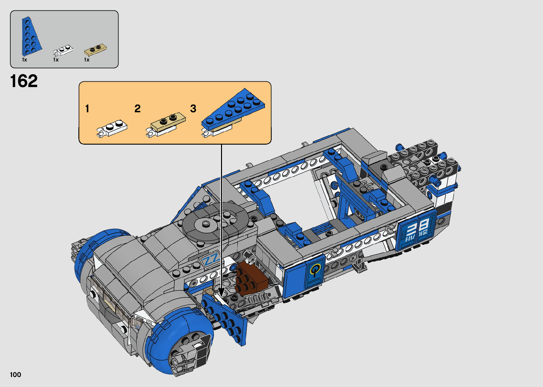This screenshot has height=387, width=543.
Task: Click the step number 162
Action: [x=24, y=81]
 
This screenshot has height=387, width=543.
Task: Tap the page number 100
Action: [x=16, y=375]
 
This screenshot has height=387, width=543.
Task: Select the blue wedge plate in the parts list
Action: [x=31, y=37]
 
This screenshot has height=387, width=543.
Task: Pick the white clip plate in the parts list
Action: [x=63, y=50]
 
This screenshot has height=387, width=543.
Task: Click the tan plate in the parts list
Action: [x=95, y=49]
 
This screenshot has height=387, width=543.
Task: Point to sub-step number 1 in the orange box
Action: [x=87, y=109]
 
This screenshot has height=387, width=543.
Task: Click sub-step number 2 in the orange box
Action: [x=138, y=109]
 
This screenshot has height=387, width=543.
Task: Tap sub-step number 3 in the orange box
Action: [x=193, y=109]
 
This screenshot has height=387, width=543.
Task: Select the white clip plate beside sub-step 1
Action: [x=112, y=128]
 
